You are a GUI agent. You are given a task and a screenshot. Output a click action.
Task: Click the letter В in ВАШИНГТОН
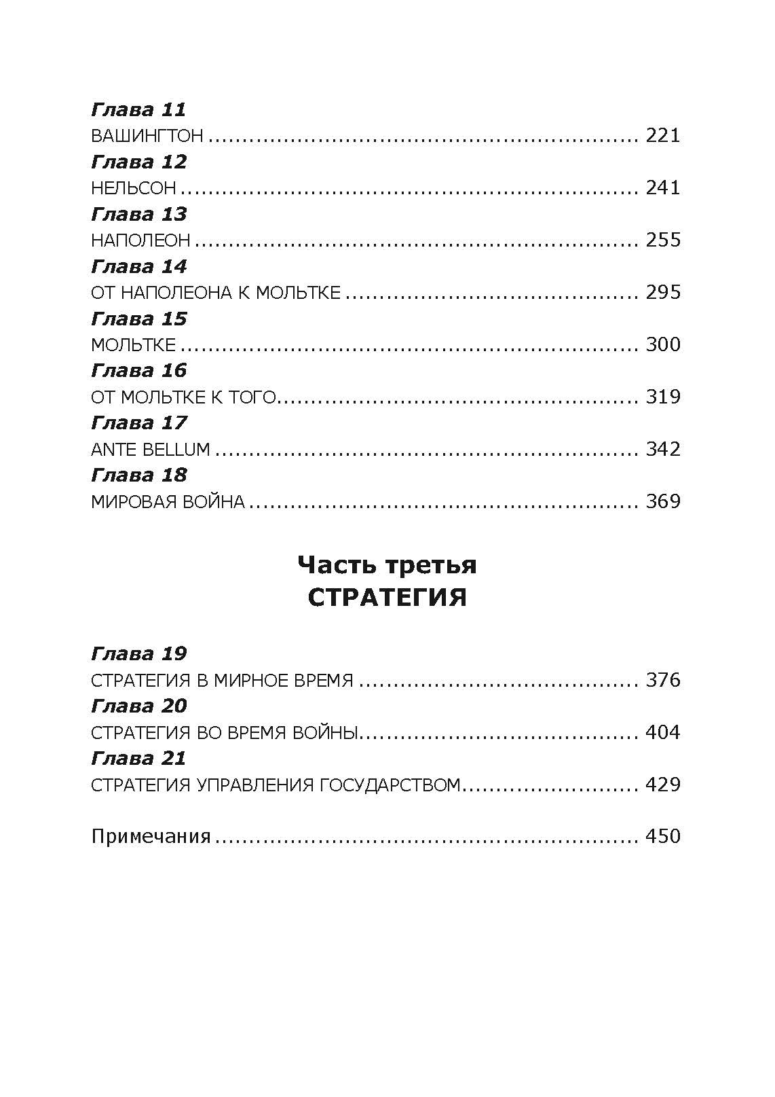(x=97, y=136)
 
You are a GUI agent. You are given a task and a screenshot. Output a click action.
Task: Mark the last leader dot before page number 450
(x=636, y=842)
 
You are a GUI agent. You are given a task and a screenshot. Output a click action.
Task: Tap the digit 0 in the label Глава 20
(x=180, y=706)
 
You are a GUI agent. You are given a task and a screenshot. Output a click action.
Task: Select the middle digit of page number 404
(x=663, y=733)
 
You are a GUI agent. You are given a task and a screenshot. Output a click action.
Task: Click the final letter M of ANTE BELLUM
(x=202, y=450)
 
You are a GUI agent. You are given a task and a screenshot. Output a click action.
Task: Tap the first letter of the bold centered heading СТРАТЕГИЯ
(x=316, y=598)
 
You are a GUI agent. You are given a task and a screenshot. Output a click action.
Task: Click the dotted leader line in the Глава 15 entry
(x=409, y=350)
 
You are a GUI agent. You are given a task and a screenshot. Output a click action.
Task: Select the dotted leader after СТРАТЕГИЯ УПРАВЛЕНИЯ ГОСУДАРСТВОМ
(x=550, y=790)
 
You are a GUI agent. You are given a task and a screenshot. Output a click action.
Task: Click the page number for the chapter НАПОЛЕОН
(x=663, y=240)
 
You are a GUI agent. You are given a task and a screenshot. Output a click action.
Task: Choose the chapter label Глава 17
(x=139, y=423)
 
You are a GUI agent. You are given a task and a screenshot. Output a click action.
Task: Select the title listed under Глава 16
(x=184, y=397)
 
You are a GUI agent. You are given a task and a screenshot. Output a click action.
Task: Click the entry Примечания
(x=151, y=836)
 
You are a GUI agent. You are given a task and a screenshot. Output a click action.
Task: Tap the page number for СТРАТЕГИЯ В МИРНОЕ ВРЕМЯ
(x=663, y=680)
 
